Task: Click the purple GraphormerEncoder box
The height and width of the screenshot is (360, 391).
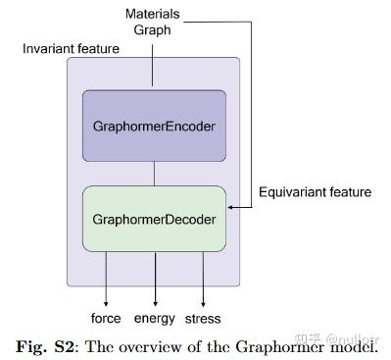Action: [x=154, y=126]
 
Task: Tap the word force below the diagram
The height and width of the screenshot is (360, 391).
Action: [x=105, y=318]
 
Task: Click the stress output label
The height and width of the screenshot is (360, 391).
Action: [x=203, y=318]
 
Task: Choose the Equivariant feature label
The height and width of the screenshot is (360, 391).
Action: [x=315, y=192]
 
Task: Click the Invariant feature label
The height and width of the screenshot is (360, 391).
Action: [x=71, y=48]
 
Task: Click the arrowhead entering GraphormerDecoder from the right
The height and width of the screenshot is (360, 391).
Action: [x=231, y=208]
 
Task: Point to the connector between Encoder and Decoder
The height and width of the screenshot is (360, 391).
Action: [x=154, y=174]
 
